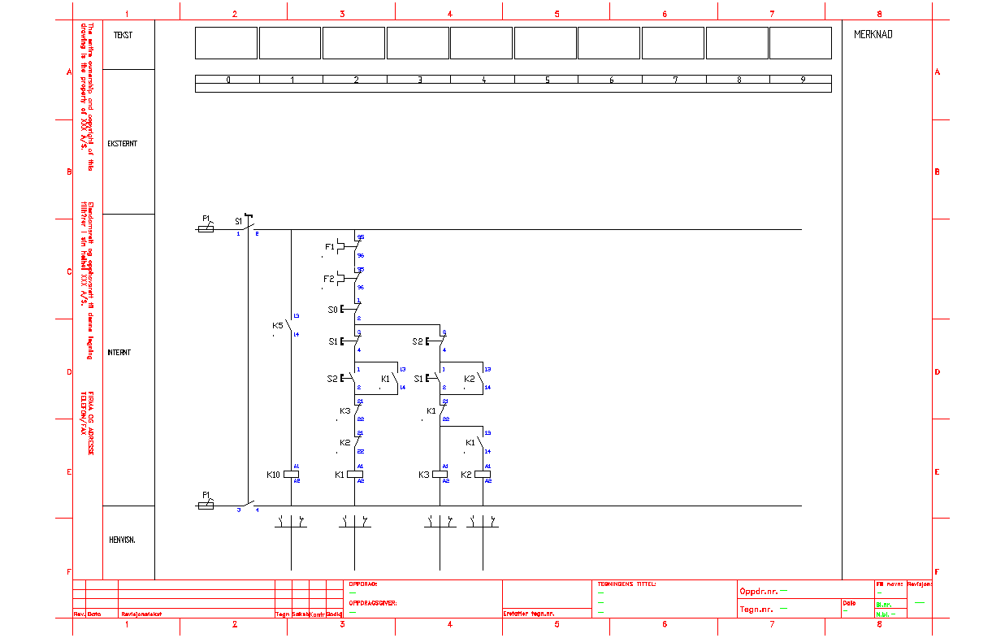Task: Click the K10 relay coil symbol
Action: (291, 475)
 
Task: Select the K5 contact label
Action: (277, 326)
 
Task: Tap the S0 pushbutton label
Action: (332, 310)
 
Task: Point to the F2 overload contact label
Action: (328, 279)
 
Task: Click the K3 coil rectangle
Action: (440, 475)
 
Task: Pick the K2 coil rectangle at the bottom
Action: (483, 475)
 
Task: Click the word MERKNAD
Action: (873, 35)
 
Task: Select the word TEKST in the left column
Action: (123, 35)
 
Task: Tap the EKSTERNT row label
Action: (122, 144)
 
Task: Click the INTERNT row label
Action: (119, 353)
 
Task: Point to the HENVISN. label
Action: (123, 540)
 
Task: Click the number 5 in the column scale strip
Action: (547, 80)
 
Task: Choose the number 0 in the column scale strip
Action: (227, 80)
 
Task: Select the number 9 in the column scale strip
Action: (802, 80)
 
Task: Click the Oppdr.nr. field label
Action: (757, 591)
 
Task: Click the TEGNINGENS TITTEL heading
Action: (626, 584)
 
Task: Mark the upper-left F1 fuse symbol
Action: (206, 229)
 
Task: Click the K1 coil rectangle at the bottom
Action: (354, 475)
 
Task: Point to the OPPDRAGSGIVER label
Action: (372, 603)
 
